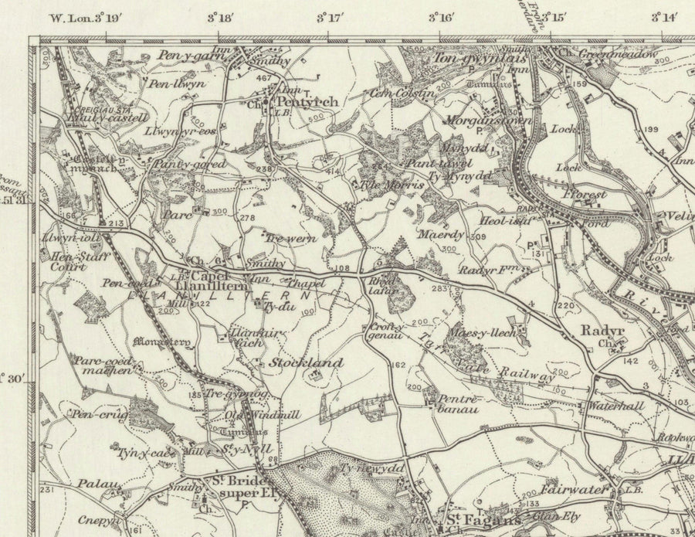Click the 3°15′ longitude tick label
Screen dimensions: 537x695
point(553,17)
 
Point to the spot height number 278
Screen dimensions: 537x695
point(247,219)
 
